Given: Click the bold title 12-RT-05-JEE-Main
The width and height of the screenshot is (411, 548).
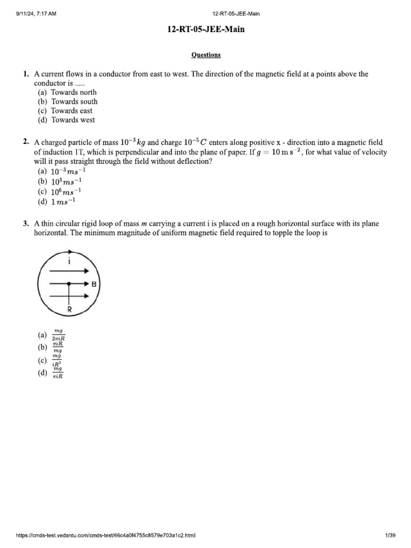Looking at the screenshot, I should pos(206,30).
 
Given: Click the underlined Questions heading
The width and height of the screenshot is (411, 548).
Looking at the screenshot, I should pos(206,55).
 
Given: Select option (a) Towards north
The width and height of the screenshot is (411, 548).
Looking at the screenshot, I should pos(67,92).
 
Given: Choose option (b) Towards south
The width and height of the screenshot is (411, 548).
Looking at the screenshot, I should pos(67,101).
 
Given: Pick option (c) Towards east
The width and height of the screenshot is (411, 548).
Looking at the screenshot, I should pos(65,111).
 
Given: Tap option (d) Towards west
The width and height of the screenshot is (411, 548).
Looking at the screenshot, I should pos(66,120).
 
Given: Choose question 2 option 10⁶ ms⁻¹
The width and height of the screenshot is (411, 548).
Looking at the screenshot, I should pos(65,192).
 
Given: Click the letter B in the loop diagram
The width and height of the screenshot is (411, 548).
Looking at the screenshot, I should pos(94,285).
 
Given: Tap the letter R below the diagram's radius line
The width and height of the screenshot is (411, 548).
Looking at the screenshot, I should pos(69,310).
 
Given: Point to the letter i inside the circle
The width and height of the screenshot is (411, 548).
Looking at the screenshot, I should pos(70,261).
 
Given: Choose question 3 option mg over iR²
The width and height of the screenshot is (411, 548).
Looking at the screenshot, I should pos(57,359).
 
